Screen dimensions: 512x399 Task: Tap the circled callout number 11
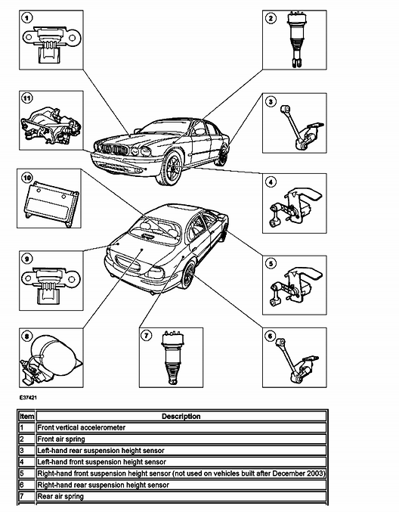point(28,98)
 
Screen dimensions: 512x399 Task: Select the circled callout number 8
point(28,336)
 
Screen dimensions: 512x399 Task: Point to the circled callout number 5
point(270,264)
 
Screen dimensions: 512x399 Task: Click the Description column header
point(181,416)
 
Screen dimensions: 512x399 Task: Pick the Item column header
point(26,416)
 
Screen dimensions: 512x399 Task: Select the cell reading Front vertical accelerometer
point(82,427)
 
